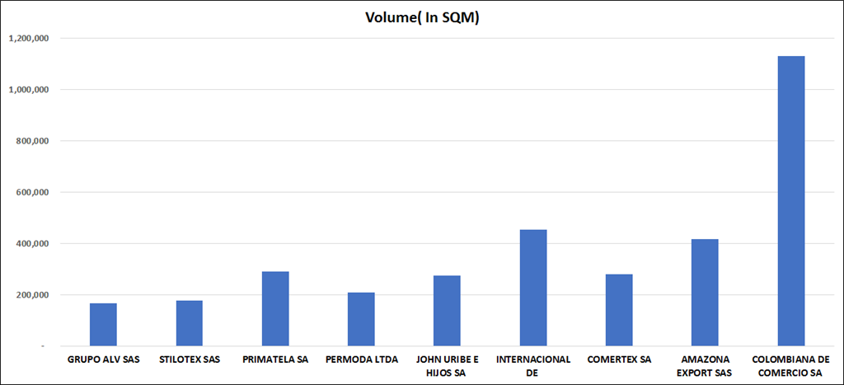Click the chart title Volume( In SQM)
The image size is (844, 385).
tap(422, 17)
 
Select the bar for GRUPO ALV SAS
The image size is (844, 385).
tap(103, 325)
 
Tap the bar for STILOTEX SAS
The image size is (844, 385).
tap(189, 323)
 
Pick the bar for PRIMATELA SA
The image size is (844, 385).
tap(275, 308)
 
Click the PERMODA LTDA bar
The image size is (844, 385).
tap(361, 319)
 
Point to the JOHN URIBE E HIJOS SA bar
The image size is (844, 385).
tap(448, 311)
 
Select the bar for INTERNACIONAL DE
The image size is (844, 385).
tap(533, 288)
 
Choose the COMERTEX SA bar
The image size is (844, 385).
tap(619, 310)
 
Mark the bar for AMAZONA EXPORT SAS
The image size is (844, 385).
tap(705, 293)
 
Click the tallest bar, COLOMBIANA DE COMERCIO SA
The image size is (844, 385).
tap(791, 201)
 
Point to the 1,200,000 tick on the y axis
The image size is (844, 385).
tap(29, 38)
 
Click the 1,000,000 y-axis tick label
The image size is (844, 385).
tap(29, 89)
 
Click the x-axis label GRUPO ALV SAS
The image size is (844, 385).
tap(103, 359)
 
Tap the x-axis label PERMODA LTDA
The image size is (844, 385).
tap(361, 359)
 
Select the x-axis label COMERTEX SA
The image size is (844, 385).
tap(619, 359)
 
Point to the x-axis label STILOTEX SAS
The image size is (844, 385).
tap(189, 359)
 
